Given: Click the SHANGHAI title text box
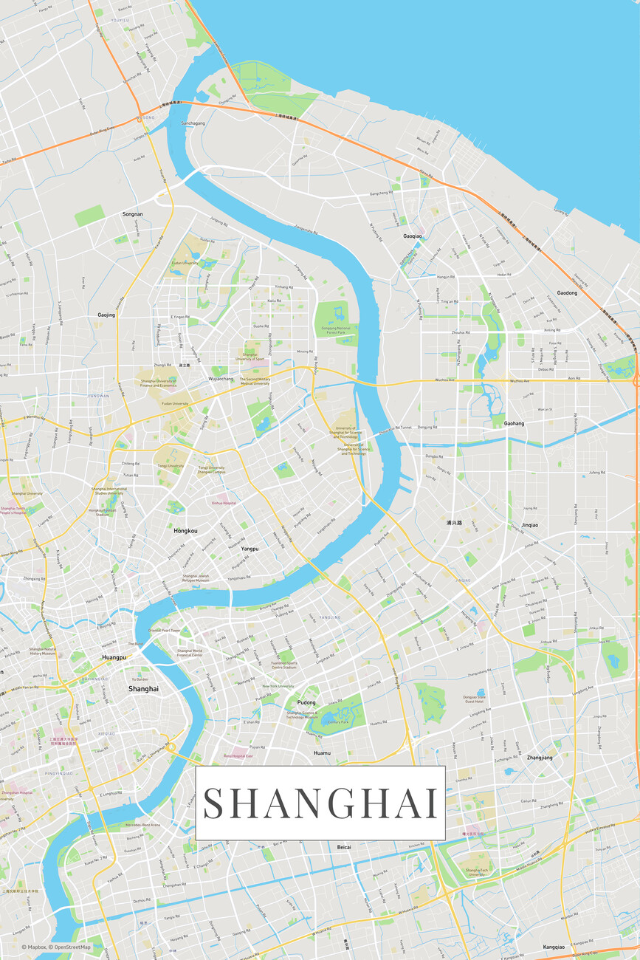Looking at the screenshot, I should point(320,803).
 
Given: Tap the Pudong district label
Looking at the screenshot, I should point(306,702).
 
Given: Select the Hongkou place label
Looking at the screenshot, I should point(185,531).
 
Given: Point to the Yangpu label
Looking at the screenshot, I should point(250,549).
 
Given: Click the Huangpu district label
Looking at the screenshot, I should point(114,656).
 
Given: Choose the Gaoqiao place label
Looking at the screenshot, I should point(413,236).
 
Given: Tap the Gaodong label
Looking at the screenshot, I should point(567,293).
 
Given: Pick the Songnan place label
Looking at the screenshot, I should point(132,214).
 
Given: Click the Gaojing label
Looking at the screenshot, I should point(106,315).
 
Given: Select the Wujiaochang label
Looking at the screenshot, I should point(221,379).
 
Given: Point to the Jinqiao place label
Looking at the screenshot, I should point(530,525).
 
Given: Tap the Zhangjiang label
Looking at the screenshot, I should point(540,758).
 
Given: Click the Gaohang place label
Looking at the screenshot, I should point(514,424).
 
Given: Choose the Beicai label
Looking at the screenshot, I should point(344,847).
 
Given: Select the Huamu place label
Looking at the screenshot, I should point(322,752).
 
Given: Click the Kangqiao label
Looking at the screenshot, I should point(554,947).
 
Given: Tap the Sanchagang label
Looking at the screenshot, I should point(193,123).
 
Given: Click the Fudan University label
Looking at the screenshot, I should point(185,263).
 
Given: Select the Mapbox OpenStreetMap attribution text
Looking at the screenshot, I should point(56,947).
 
